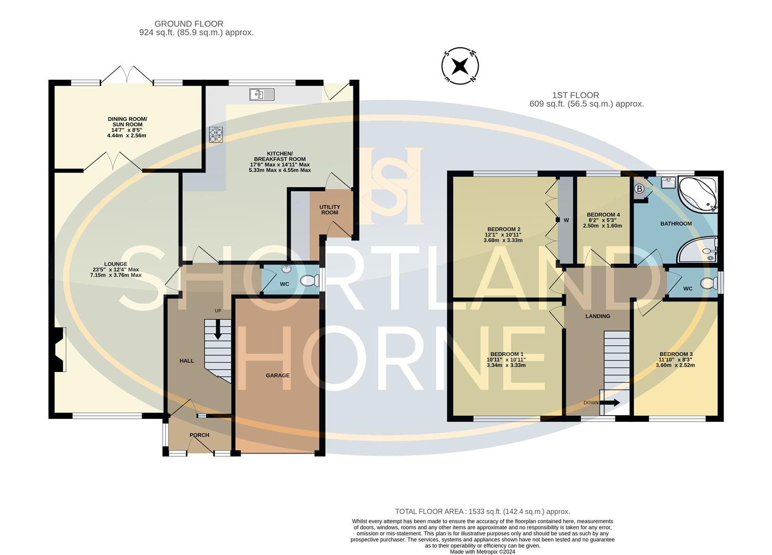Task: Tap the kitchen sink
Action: pos(262,95)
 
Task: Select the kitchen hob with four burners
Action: pos(216,134)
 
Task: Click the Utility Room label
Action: pos(330,210)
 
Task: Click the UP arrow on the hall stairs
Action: pos(218,329)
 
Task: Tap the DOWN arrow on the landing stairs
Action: pos(610,402)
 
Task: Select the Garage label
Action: pos(277,375)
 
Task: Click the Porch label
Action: pos(199,435)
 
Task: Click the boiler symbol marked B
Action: pos(639,189)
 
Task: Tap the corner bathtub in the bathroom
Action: pos(698,194)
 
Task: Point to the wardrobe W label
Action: pos(566,220)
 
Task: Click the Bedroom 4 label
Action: pos(603,214)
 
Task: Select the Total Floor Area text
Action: pos(482,511)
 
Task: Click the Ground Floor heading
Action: pos(189,24)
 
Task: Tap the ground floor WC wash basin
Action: pos(286,269)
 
